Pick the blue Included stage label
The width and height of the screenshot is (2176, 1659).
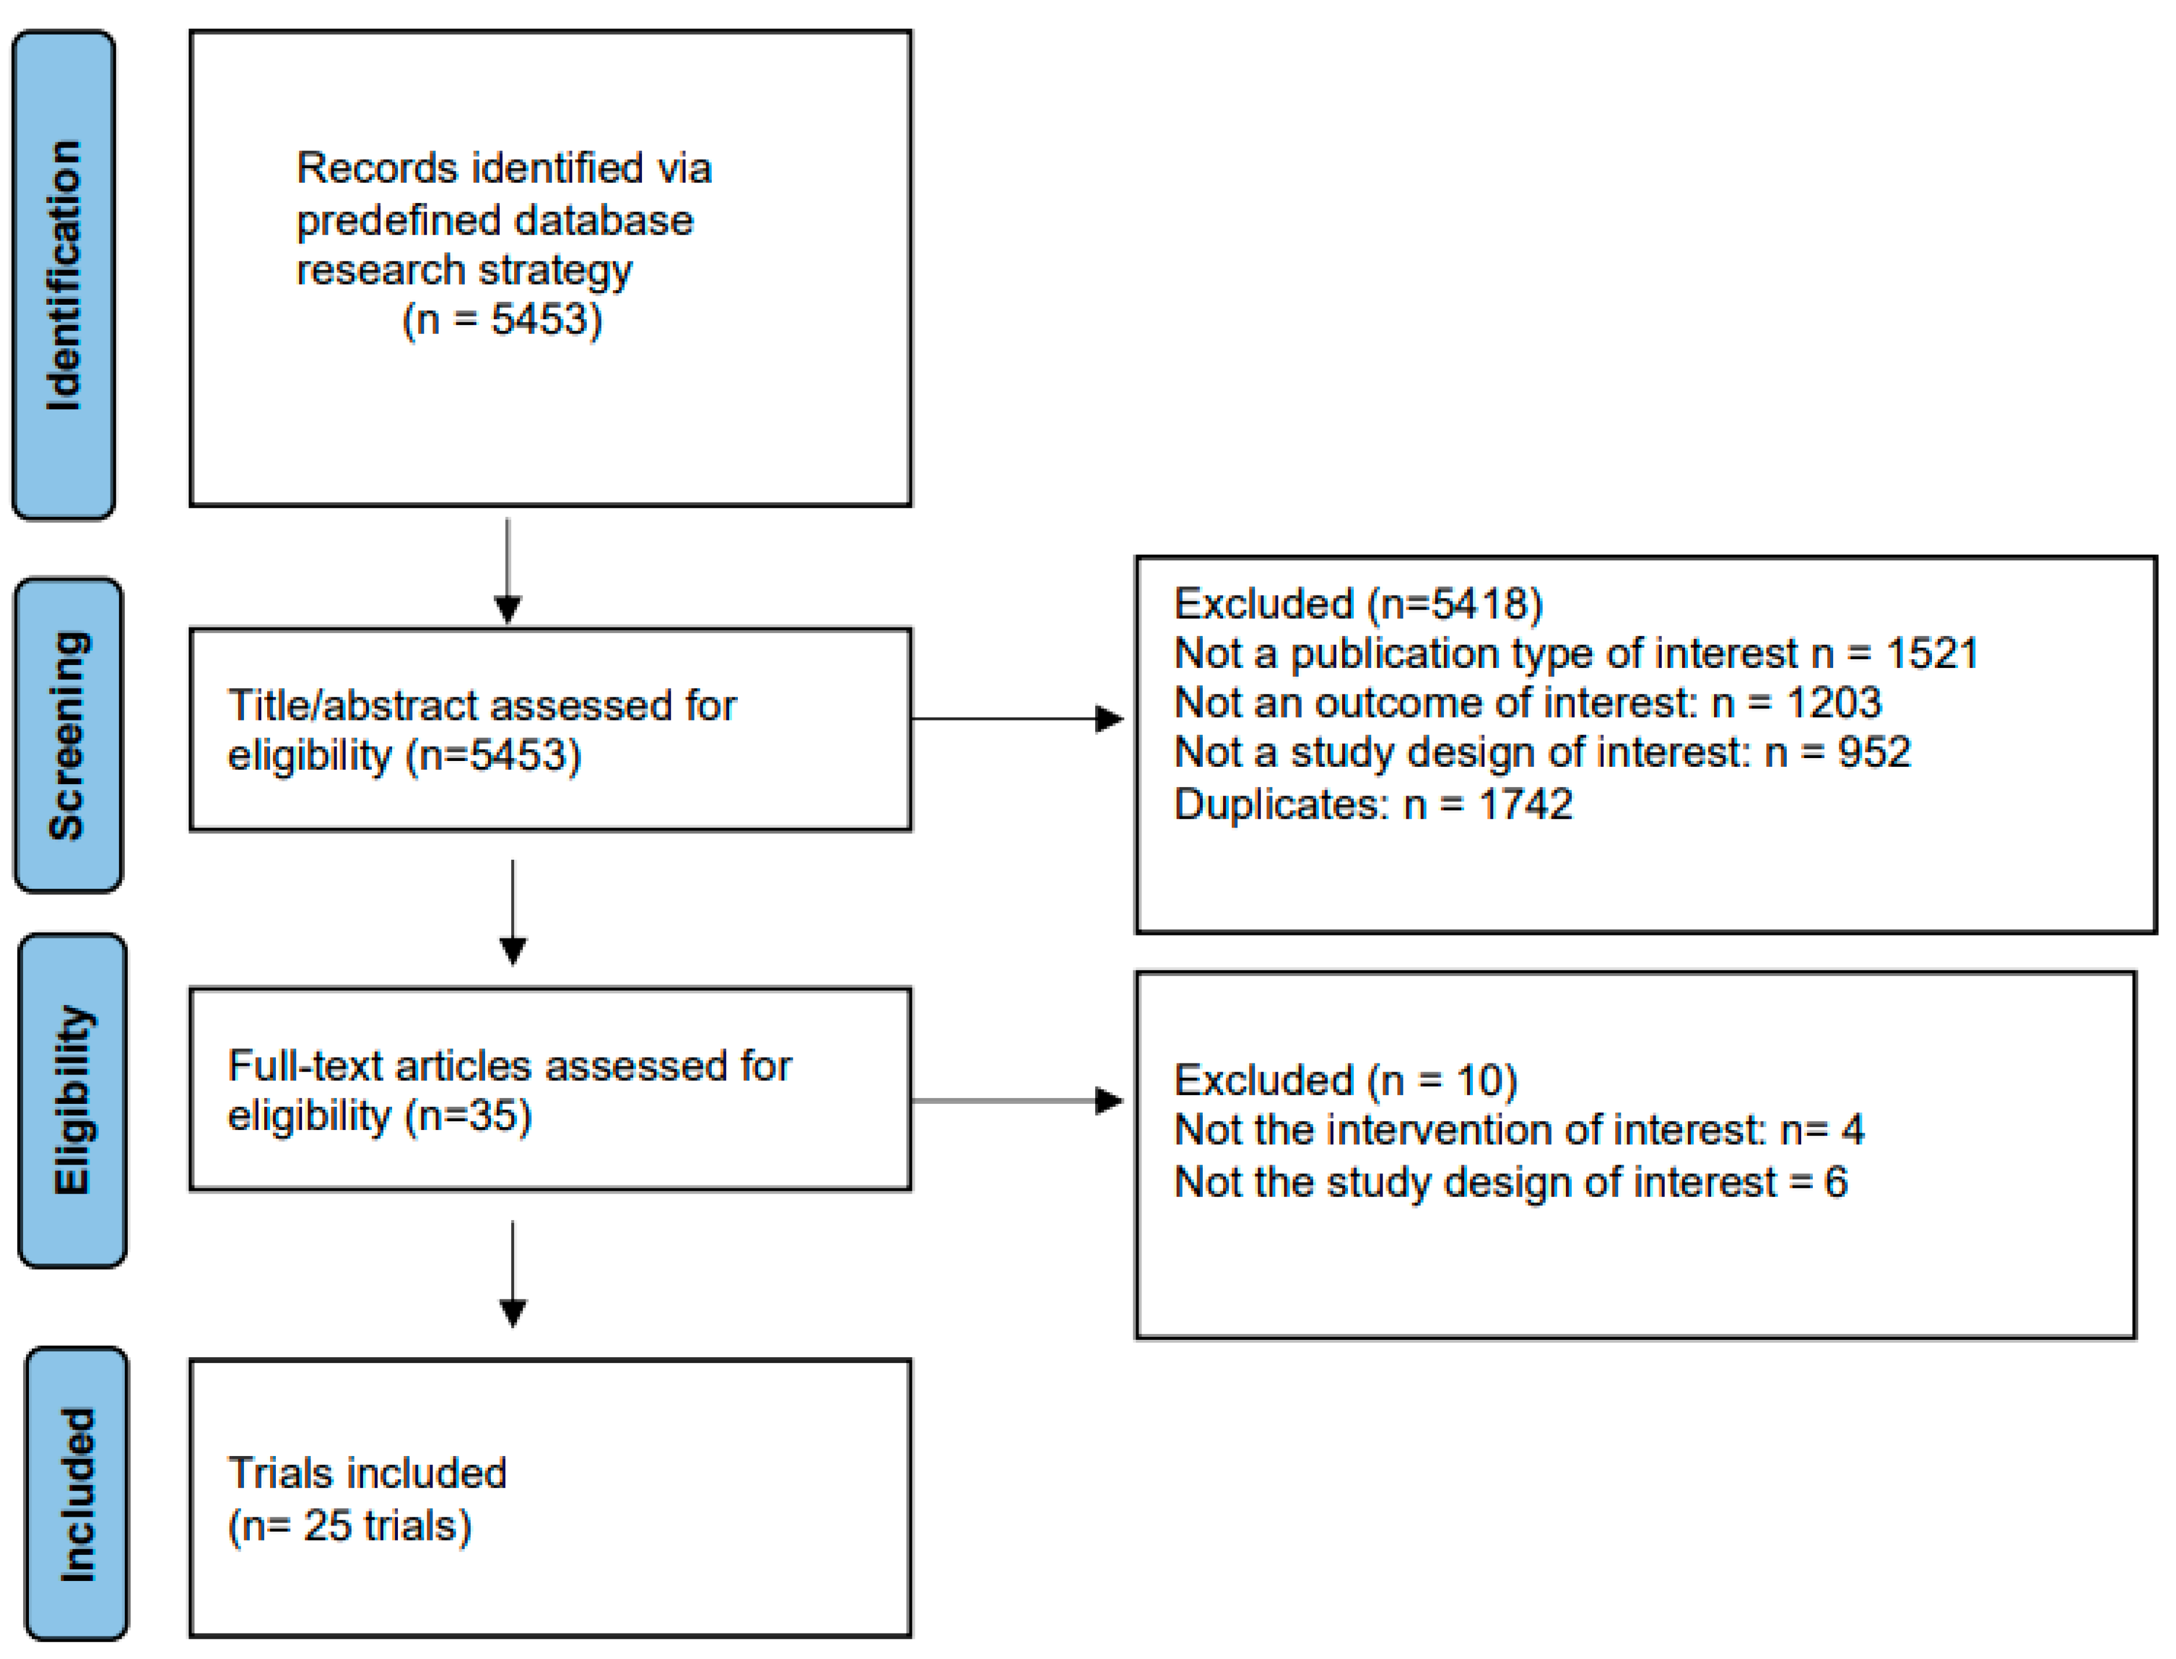pyautogui.click(x=76, y=1493)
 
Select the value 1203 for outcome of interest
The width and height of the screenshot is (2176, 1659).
pyautogui.click(x=1834, y=702)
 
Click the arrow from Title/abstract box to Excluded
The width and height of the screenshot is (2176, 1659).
pyautogui.click(x=1017, y=719)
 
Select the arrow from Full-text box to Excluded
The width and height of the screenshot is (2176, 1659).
pyautogui.click(x=1017, y=1100)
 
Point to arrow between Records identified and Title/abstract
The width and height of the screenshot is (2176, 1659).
pyautogui.click(x=508, y=571)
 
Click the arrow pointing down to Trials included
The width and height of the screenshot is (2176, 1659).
pyautogui.click(x=512, y=1274)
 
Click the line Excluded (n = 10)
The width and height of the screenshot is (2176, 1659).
pyautogui.click(x=1344, y=1080)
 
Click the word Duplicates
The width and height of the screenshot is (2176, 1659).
pyautogui.click(x=1280, y=804)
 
